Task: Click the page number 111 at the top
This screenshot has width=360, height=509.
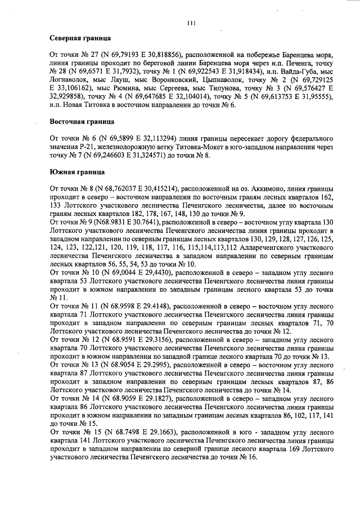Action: pos(191,22)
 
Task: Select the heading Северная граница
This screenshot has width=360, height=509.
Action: pos(80,38)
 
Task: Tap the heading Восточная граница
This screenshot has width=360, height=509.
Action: pos(83,121)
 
